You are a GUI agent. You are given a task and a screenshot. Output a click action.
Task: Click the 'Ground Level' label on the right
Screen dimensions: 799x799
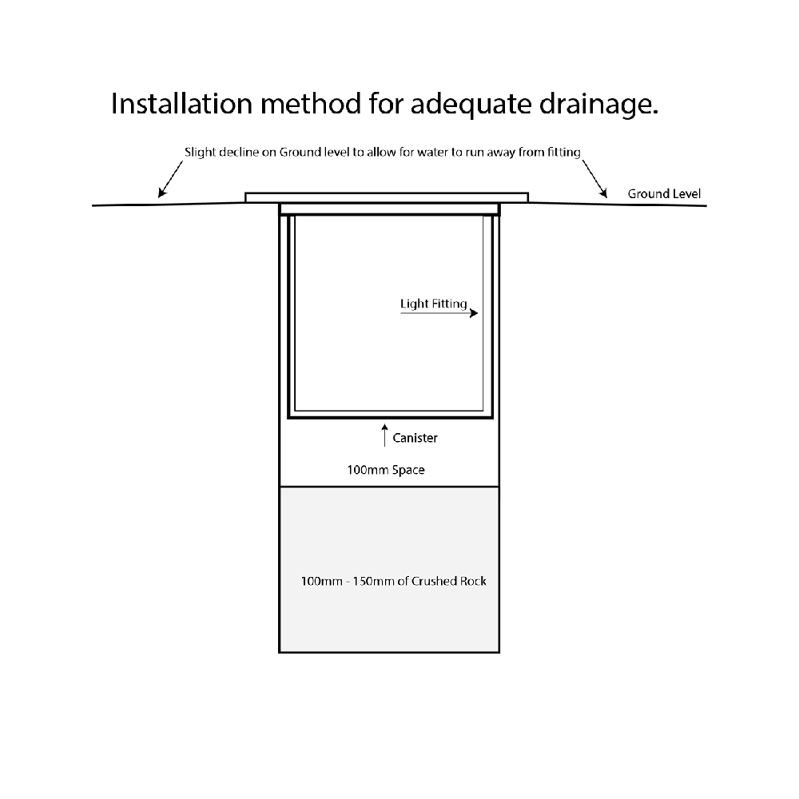pyautogui.click(x=664, y=194)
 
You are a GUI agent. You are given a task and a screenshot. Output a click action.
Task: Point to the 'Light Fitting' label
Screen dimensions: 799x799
pyautogui.click(x=433, y=304)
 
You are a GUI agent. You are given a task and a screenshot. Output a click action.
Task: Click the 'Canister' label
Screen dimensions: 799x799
pyautogui.click(x=415, y=438)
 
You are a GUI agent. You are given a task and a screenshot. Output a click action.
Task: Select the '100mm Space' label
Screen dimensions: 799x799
pyautogui.click(x=385, y=470)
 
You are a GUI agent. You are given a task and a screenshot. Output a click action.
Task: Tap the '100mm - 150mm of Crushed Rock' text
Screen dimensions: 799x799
pyautogui.click(x=393, y=581)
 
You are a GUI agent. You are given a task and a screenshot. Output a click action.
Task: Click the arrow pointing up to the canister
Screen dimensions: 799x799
pyautogui.click(x=384, y=436)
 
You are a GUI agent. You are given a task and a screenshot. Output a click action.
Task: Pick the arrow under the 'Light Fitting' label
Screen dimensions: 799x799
pyautogui.click(x=439, y=314)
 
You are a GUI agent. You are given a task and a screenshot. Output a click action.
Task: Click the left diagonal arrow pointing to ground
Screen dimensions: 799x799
pyautogui.click(x=169, y=181)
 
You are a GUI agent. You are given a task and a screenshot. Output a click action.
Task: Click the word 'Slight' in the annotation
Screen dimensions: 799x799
pyautogui.click(x=199, y=152)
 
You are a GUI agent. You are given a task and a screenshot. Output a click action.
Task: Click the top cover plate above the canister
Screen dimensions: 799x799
pyautogui.click(x=387, y=197)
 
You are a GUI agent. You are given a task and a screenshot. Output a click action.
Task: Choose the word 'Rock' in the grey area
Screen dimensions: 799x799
pyautogui.click(x=471, y=581)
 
